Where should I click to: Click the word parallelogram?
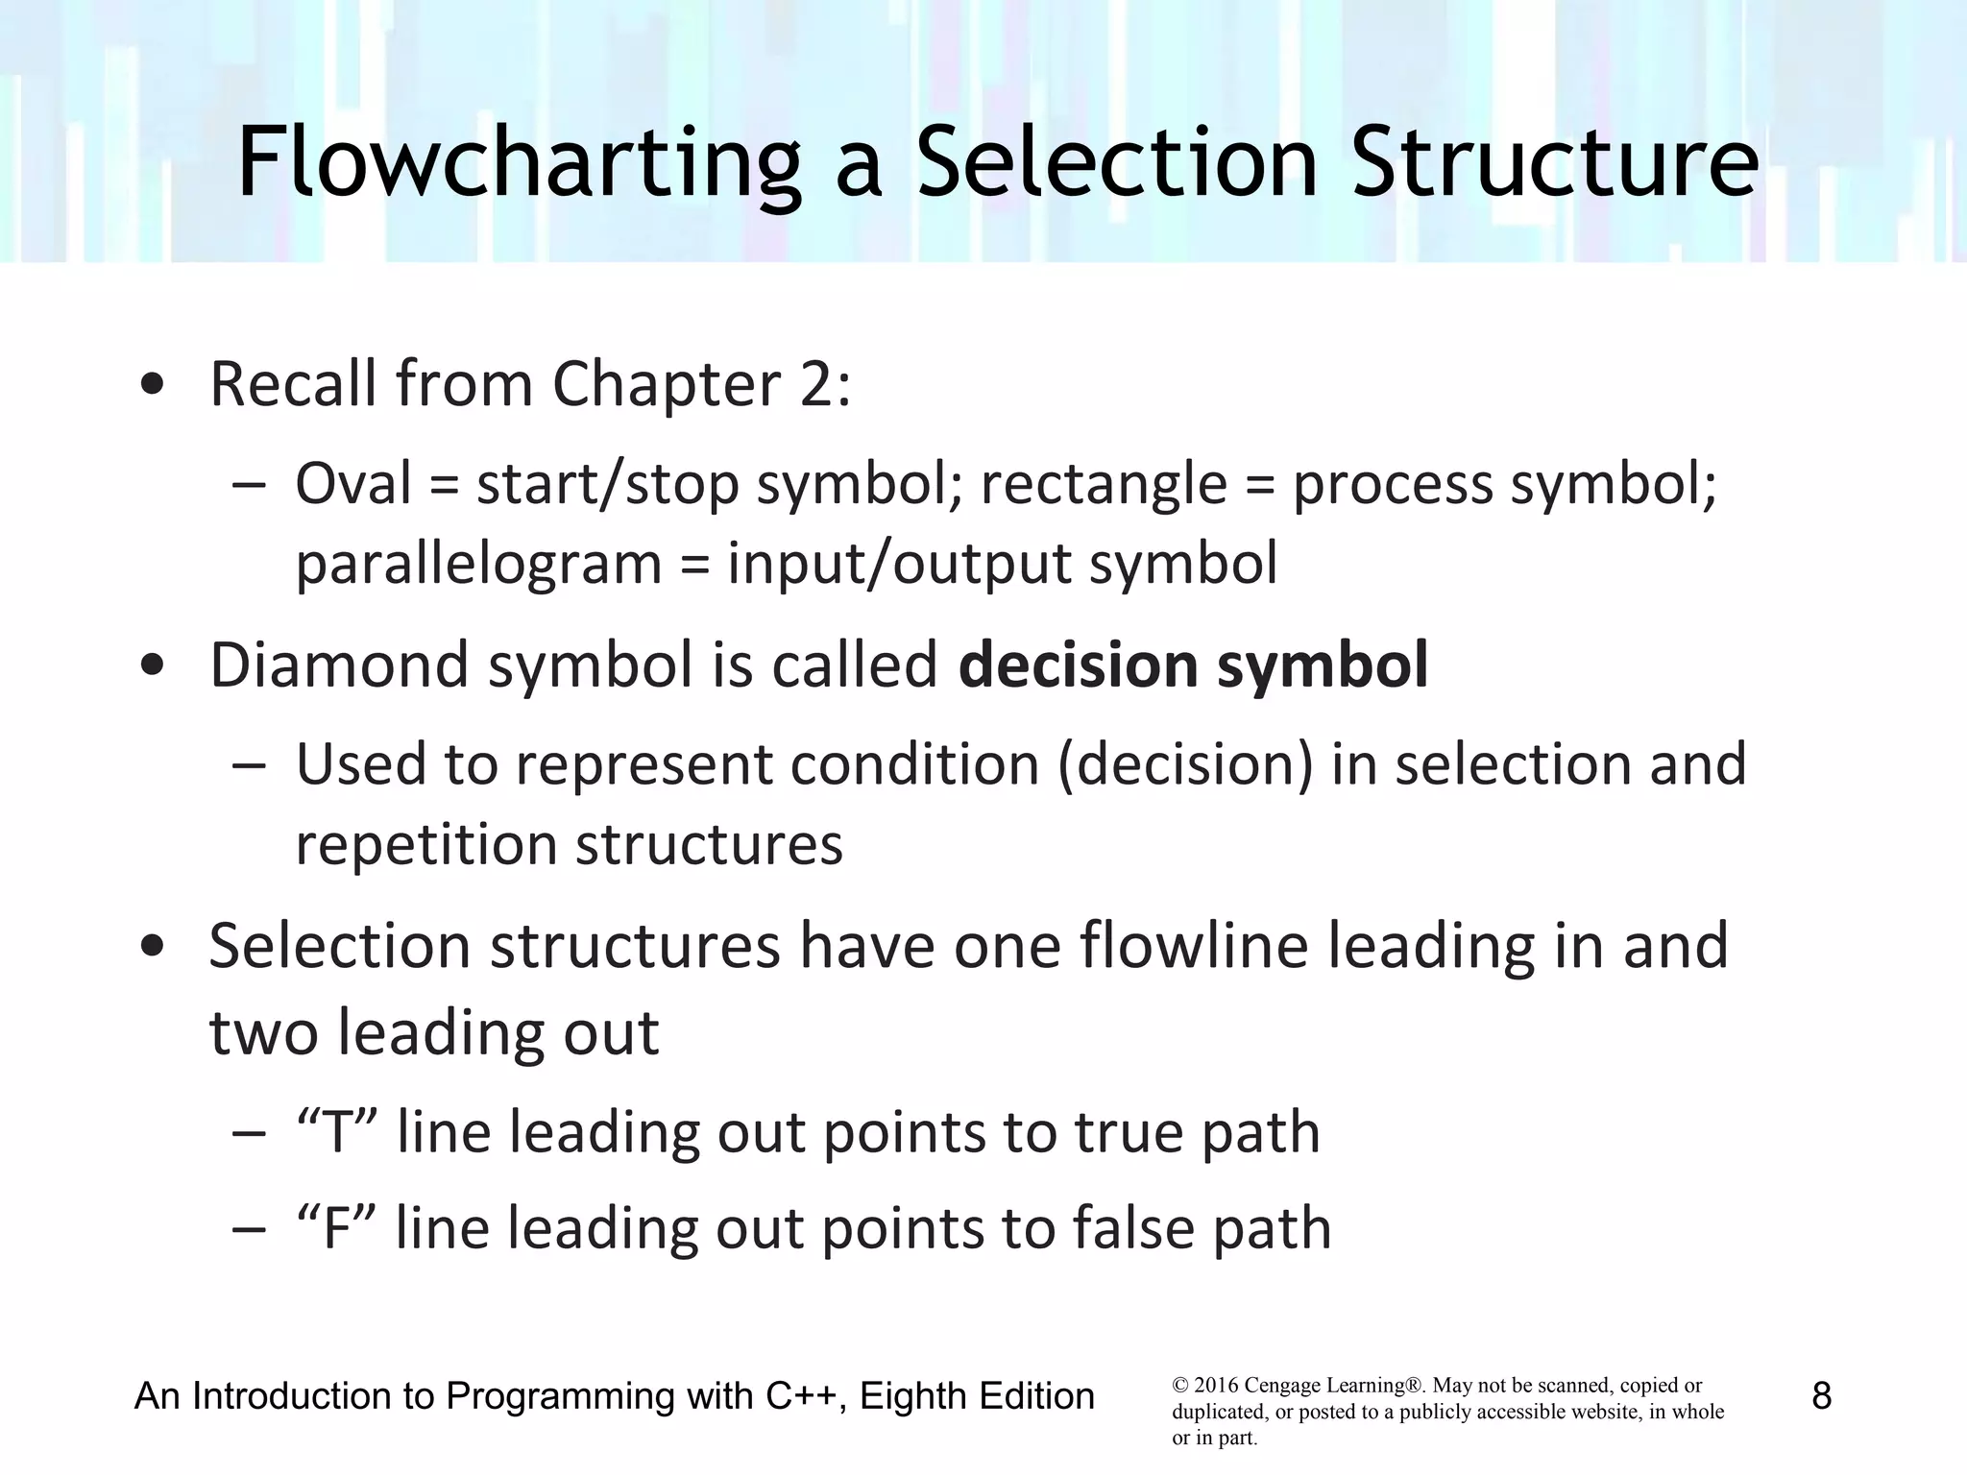tap(478, 564)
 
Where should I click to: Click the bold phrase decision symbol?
tap(1193, 665)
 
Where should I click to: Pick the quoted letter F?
tap(337, 1228)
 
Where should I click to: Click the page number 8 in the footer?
tap(1821, 1395)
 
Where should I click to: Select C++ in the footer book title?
tap(804, 1395)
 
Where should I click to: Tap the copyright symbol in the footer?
tap(1180, 1386)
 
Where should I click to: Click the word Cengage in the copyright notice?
tap(1280, 1386)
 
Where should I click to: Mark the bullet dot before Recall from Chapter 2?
tap(152, 386)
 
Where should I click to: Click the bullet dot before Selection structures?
tap(152, 947)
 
